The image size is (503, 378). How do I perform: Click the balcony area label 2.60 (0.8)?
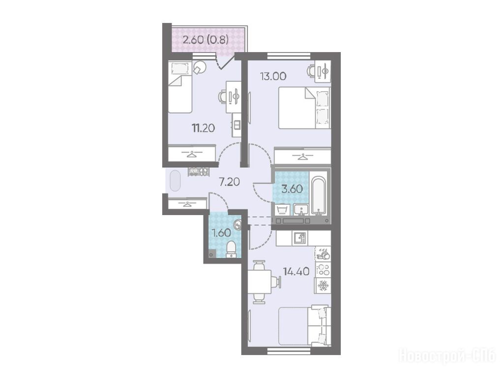coord(206,40)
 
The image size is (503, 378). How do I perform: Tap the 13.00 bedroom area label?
coord(273,76)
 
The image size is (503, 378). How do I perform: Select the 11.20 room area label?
coord(204,128)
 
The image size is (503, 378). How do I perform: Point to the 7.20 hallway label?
coord(229,182)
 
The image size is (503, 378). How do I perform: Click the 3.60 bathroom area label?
coord(292,189)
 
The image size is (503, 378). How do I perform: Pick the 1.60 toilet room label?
coord(221,233)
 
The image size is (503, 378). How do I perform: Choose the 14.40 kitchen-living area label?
coord(296,272)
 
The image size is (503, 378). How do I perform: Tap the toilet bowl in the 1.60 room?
coord(231,250)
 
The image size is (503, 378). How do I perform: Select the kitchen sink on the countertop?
coord(299,238)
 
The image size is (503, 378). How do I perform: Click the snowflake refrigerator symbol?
coord(323,285)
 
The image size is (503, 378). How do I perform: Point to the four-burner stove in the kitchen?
coord(323,269)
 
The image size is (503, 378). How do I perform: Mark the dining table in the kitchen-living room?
coord(260,282)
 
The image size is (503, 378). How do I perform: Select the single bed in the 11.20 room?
coord(179,87)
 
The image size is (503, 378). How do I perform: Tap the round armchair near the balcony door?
coord(200,67)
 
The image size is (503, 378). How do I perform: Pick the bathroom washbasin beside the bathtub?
coord(301,210)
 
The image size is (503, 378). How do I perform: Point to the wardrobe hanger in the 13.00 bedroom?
coord(302,157)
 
